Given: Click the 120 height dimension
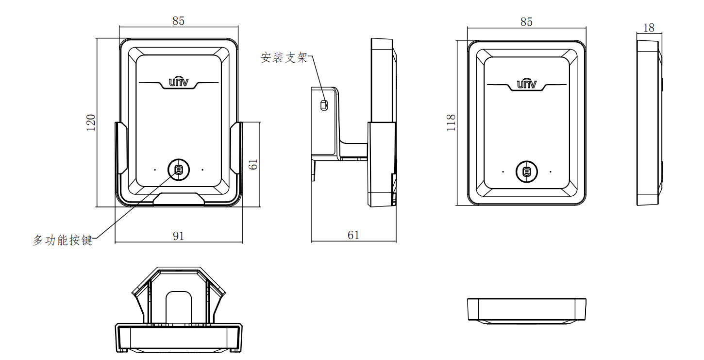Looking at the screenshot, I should pyautogui.click(x=91, y=122).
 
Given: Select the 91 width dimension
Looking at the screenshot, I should pyautogui.click(x=179, y=236).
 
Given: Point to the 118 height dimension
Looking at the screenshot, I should pyautogui.click(x=451, y=123).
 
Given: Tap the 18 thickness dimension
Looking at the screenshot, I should pyautogui.click(x=649, y=28).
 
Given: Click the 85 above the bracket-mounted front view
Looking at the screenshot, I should pyautogui.click(x=179, y=21).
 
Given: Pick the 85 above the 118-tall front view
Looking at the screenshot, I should pyautogui.click(x=526, y=22).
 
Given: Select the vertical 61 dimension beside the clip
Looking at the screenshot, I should pyautogui.click(x=253, y=165).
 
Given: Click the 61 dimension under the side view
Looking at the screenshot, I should pyautogui.click(x=353, y=235).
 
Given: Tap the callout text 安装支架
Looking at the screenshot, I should pyautogui.click(x=285, y=58).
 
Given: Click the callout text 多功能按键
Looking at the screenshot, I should pyautogui.click(x=63, y=240).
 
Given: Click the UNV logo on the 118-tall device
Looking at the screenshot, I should pyautogui.click(x=526, y=84).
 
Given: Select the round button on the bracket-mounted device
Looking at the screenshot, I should pyautogui.click(x=178, y=169).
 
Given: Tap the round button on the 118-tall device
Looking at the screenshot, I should pyautogui.click(x=526, y=171).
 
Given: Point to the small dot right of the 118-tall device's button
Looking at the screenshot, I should pyautogui.click(x=551, y=171).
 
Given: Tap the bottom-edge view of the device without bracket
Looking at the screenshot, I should pyautogui.click(x=526, y=310).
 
